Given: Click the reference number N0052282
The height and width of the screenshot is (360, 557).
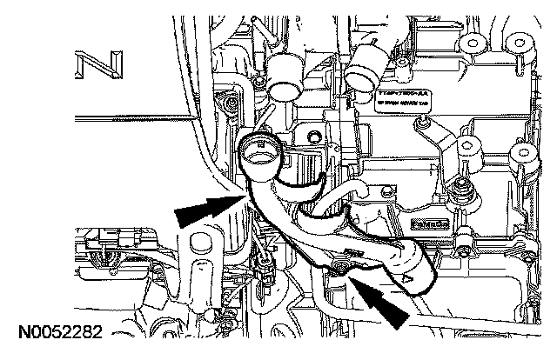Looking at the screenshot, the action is click(57, 331).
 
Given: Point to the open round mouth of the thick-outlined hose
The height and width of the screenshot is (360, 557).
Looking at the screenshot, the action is click(259, 155).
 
